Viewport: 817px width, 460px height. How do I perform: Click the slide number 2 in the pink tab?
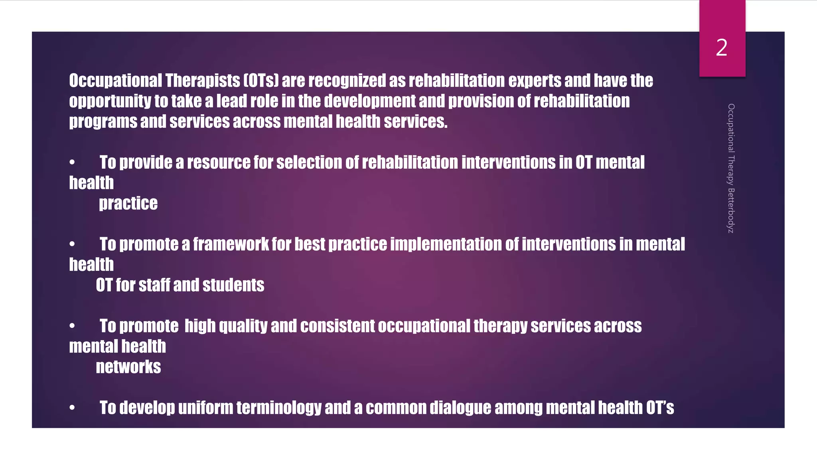(x=722, y=48)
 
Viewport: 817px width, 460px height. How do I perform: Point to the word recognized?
(x=347, y=81)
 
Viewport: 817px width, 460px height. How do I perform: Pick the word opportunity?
(x=110, y=101)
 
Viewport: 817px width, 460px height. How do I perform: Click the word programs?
(x=103, y=122)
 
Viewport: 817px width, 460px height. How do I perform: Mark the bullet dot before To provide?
(x=72, y=162)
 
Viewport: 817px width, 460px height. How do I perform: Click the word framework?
(x=231, y=244)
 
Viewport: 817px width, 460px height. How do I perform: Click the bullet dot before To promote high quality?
(x=72, y=326)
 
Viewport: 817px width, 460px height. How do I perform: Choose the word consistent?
(x=337, y=326)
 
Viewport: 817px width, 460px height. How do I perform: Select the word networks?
(x=128, y=367)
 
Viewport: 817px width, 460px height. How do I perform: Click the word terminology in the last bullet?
(x=279, y=408)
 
